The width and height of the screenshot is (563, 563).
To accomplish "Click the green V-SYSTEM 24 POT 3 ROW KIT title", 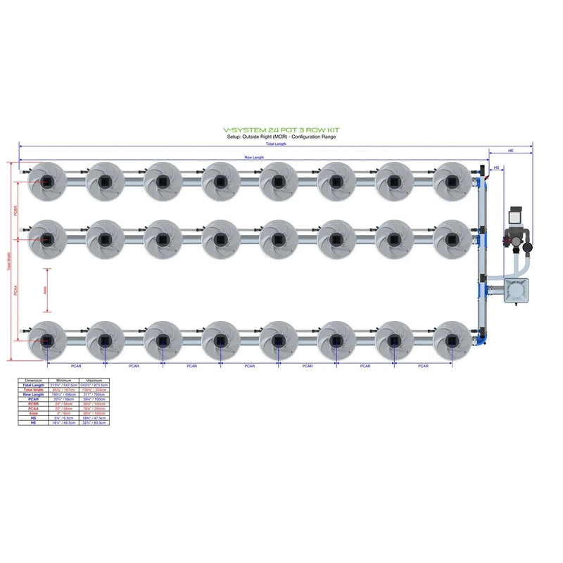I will click(281, 130).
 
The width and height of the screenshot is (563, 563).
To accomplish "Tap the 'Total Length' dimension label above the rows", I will click(276, 144).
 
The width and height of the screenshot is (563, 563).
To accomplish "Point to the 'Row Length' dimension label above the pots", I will click(254, 158).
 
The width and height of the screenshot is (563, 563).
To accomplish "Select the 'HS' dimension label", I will click(496, 168).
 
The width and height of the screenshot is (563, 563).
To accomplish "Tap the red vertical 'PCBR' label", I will click(15, 211).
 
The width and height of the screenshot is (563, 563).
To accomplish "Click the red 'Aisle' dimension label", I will click(44, 289).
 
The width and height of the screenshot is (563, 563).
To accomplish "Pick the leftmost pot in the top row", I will click(46, 182).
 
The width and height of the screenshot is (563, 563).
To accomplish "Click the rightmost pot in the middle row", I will click(452, 239).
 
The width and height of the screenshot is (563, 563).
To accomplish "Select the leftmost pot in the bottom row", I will click(46, 341).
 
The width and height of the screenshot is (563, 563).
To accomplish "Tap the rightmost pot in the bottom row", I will click(452, 341).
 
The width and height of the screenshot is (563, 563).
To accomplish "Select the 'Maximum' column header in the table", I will click(93, 381).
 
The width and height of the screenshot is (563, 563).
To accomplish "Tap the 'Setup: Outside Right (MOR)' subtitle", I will click(281, 137).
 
